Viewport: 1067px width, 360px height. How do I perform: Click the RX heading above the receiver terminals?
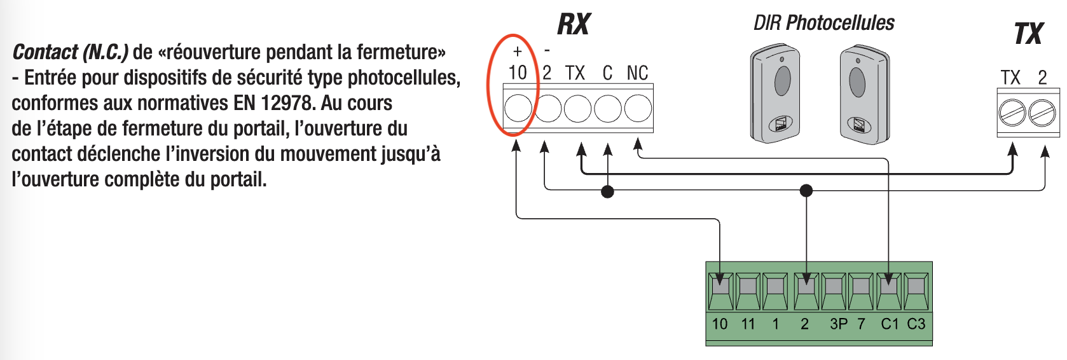click(574, 24)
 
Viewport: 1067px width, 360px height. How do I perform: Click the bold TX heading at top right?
click(1028, 34)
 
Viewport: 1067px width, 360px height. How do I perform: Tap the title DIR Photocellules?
click(823, 23)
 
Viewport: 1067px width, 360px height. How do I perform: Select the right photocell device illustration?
click(864, 94)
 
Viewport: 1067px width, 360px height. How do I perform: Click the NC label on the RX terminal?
click(637, 73)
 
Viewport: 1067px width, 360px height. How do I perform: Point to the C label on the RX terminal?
click(607, 73)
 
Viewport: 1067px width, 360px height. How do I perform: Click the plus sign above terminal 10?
click(518, 52)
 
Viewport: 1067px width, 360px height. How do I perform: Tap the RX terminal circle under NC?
click(638, 108)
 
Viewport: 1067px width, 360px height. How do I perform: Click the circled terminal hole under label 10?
click(518, 108)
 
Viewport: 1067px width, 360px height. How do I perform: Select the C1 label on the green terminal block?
click(890, 324)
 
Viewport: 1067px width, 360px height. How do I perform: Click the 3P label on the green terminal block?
click(839, 324)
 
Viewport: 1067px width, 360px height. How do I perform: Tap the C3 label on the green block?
click(916, 324)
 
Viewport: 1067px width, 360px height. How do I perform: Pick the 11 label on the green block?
click(748, 324)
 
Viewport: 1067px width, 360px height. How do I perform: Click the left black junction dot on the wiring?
click(607, 191)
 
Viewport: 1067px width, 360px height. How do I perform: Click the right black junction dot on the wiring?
click(806, 190)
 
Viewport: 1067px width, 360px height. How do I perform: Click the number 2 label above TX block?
click(1042, 78)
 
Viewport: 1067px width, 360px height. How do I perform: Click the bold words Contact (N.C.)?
click(71, 52)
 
